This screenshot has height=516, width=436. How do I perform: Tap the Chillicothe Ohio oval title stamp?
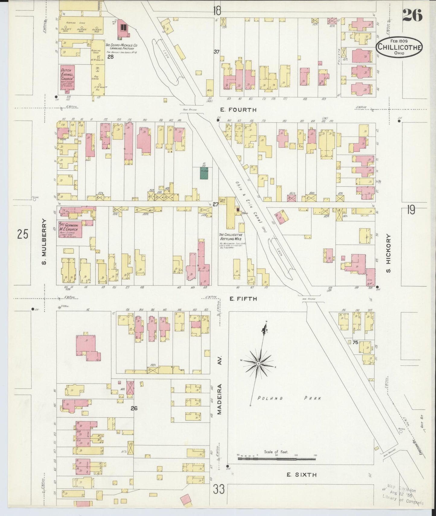(399, 47)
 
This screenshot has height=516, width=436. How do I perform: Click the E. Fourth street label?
(242, 110)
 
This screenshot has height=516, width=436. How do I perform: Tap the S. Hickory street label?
(388, 253)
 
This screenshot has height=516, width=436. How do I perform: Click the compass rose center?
(259, 364)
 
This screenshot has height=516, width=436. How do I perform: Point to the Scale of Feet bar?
(276, 459)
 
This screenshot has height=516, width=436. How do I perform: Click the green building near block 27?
(205, 174)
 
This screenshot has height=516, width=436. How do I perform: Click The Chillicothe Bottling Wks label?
(231, 237)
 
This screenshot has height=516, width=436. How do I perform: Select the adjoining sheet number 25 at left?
(23, 234)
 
